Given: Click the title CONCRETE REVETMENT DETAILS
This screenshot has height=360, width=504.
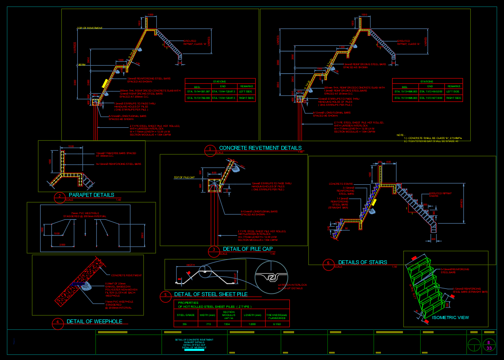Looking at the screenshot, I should [x=260, y=148].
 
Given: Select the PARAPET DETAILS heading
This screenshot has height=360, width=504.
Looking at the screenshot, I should [x=91, y=195].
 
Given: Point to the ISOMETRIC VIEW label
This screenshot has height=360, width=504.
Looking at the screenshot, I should [x=450, y=318].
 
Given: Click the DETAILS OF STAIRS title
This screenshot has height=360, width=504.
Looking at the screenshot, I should [x=362, y=262].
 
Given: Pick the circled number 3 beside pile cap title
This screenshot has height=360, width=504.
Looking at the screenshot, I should [x=213, y=250].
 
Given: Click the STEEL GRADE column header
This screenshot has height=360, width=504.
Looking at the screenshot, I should [x=184, y=315].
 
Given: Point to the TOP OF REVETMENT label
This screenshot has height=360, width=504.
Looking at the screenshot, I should [x=90, y=28].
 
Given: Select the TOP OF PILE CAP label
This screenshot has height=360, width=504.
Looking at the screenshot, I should [x=185, y=177].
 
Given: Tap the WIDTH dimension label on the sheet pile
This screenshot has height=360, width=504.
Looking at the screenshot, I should [x=191, y=265].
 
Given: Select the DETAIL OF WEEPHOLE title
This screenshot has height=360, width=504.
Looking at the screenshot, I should [x=94, y=322].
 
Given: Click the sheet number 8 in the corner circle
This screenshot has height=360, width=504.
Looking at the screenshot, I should [x=488, y=342].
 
